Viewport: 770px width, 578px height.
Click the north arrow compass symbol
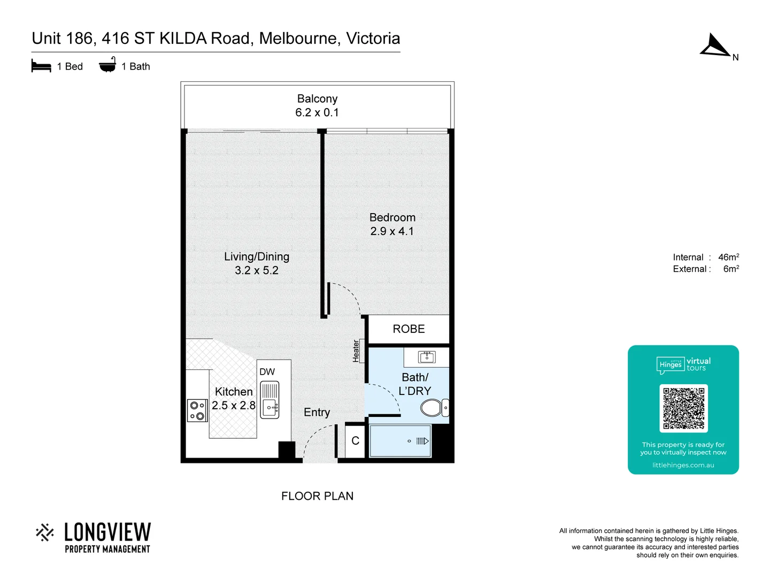[714, 46]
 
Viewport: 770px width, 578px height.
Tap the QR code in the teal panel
[683, 408]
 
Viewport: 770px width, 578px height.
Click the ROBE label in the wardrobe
[409, 329]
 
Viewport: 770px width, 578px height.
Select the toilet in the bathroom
[432, 408]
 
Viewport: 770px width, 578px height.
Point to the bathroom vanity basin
[427, 357]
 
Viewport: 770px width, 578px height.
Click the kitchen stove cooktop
[197, 410]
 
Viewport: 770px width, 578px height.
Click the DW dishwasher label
[267, 372]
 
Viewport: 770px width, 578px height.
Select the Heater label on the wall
[356, 351]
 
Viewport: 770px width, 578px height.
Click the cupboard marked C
[355, 441]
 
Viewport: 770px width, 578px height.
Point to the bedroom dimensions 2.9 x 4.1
[392, 231]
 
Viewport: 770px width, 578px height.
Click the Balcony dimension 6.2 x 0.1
[317, 112]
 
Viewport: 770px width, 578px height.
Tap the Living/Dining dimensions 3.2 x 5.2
[257, 270]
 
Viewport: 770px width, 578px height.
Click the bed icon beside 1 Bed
[41, 66]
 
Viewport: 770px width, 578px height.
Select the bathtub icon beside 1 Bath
[107, 65]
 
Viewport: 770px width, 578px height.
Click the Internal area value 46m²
[728, 257]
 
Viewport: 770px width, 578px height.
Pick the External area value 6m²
[731, 269]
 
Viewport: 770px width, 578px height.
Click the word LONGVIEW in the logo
[107, 533]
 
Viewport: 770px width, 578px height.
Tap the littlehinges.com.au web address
[683, 465]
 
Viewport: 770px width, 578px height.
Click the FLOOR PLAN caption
[317, 496]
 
